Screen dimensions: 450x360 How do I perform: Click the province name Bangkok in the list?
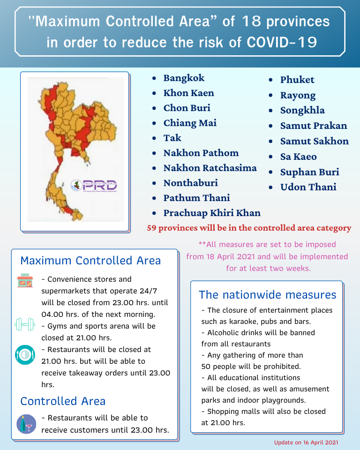pos(184,78)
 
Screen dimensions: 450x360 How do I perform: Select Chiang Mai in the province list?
pos(190,123)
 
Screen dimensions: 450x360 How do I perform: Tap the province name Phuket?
pos(297,80)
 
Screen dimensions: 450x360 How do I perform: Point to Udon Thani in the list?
pos(308,187)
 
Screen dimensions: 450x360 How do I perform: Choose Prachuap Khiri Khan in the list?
pos(212,213)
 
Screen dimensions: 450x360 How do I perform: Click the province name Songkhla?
pos(302,110)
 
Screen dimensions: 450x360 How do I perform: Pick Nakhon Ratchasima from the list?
pos(210,168)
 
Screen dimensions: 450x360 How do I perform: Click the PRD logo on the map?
pos(94,186)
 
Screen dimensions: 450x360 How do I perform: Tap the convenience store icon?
pos(25,281)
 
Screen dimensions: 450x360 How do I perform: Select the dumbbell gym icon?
pos(25,324)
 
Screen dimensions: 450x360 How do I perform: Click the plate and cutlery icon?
pos(25,355)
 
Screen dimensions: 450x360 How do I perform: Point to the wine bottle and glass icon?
pos(25,423)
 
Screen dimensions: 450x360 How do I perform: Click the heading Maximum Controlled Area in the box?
pos(90,261)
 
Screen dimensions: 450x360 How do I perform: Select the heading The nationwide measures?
pos(267,295)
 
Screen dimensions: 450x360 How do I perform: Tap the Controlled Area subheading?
pos(63,401)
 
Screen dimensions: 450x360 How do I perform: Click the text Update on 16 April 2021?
pos(306,442)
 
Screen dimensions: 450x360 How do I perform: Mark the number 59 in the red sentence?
pos(152,228)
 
